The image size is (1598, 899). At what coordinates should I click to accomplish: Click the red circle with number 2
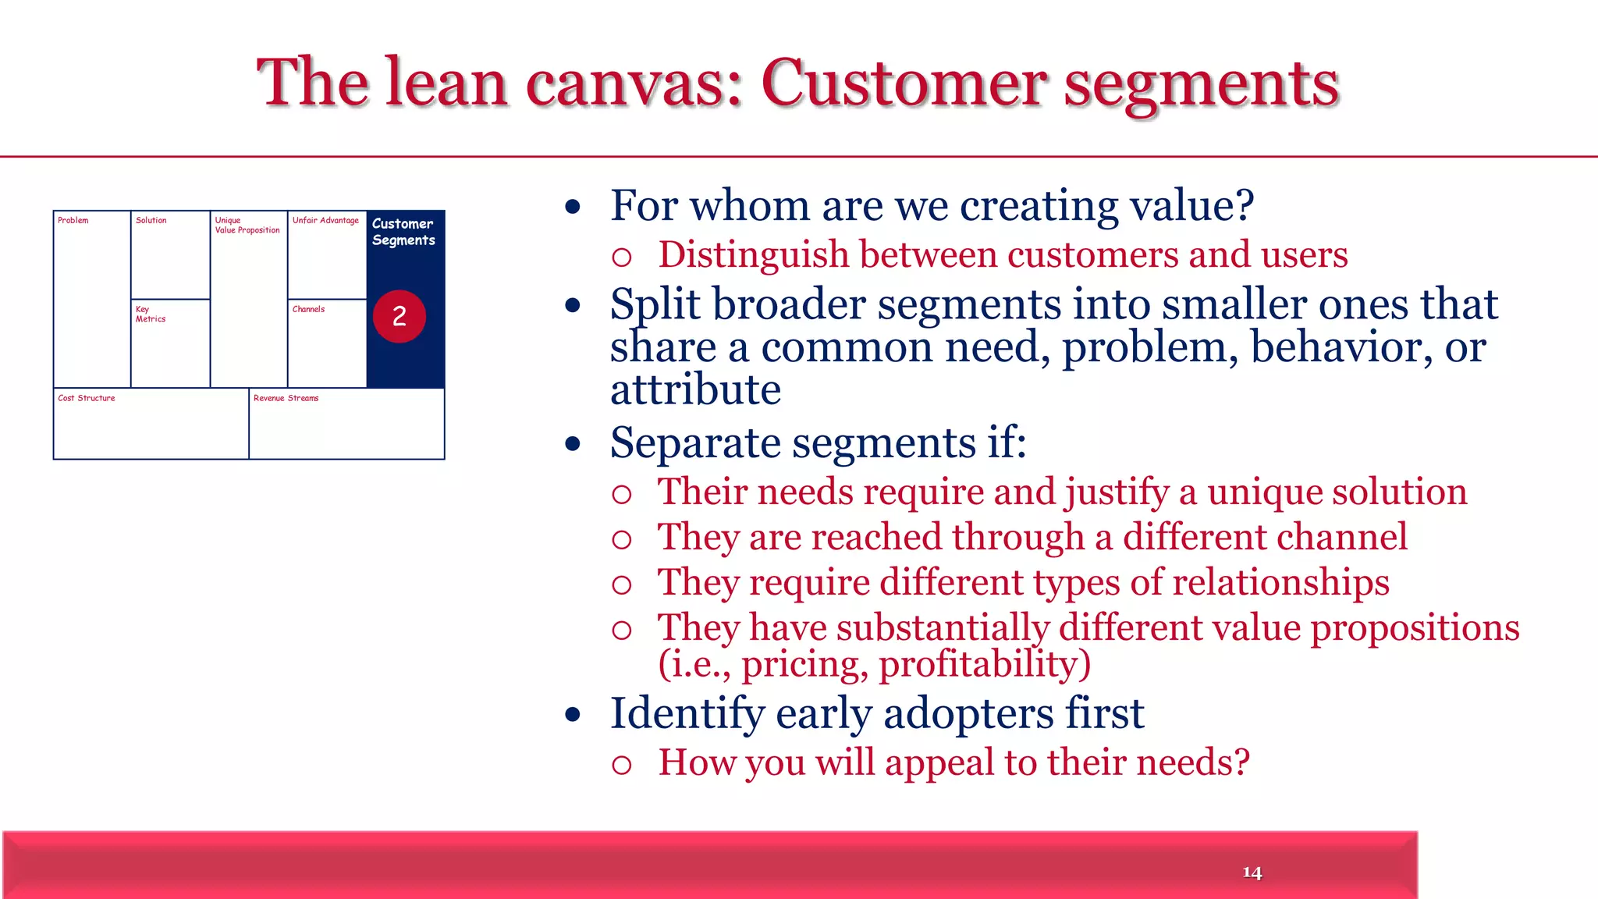tap(399, 316)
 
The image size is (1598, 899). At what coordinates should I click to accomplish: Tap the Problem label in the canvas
tap(73, 221)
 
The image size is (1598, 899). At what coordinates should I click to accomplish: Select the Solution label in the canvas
tap(151, 221)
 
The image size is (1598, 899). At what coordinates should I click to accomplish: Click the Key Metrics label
tap(150, 314)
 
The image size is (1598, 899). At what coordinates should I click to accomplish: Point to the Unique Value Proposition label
tap(247, 226)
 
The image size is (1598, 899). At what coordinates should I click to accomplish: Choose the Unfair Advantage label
tap(325, 221)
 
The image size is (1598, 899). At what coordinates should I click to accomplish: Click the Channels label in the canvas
tap(308, 310)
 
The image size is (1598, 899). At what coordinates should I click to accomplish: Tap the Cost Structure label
tap(87, 398)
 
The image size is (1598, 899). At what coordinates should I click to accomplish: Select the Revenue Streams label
tap(286, 398)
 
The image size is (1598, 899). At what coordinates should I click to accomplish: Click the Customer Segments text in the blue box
tap(403, 232)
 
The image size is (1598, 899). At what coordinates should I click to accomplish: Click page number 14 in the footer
tap(1252, 872)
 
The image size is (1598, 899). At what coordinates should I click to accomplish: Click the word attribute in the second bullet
tap(695, 389)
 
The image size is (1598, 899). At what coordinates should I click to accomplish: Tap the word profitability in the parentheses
tap(984, 665)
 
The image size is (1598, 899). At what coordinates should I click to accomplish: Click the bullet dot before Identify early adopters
tap(574, 714)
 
